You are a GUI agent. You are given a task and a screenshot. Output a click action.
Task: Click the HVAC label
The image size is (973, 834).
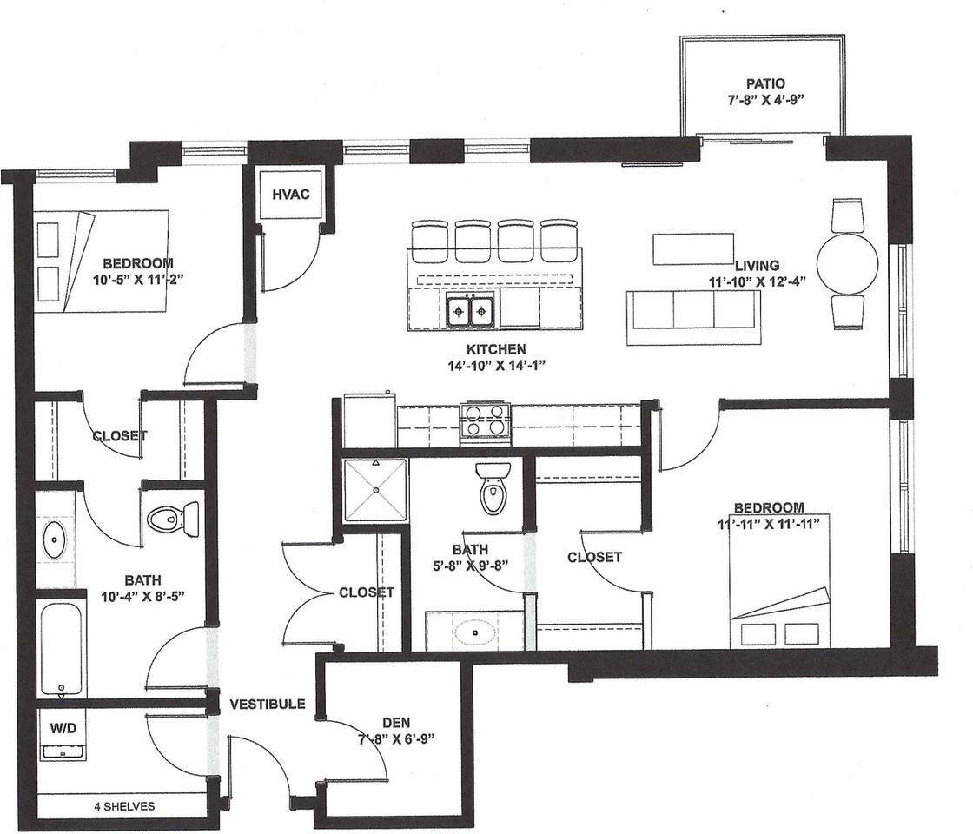point(290,195)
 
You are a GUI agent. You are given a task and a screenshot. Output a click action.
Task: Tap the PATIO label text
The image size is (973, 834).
point(765,83)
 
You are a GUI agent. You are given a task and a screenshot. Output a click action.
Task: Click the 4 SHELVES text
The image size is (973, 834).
point(125,807)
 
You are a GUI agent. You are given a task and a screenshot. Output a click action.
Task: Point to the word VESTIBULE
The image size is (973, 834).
point(268,704)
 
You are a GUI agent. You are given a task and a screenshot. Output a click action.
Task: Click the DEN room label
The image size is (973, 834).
point(396,722)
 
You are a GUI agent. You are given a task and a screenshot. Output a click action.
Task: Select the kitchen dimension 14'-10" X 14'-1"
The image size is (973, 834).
point(496,366)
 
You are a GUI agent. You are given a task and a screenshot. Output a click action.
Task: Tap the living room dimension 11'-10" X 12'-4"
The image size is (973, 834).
point(757,281)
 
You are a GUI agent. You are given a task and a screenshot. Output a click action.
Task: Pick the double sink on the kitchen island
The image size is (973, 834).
point(470,311)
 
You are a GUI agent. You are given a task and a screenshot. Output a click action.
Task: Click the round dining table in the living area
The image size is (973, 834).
point(847,263)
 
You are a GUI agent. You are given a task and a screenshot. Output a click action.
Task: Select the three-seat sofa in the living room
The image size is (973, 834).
point(693,317)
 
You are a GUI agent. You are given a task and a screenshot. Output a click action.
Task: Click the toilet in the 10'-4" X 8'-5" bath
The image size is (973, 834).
point(173,517)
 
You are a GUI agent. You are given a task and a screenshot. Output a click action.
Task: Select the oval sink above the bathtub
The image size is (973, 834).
point(54,539)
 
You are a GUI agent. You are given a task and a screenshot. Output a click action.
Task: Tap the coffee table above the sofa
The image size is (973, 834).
point(693,248)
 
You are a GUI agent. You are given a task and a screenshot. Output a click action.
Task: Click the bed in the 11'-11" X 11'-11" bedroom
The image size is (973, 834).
point(779,581)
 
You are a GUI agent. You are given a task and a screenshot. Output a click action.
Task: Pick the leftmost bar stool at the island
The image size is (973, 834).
point(429,241)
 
